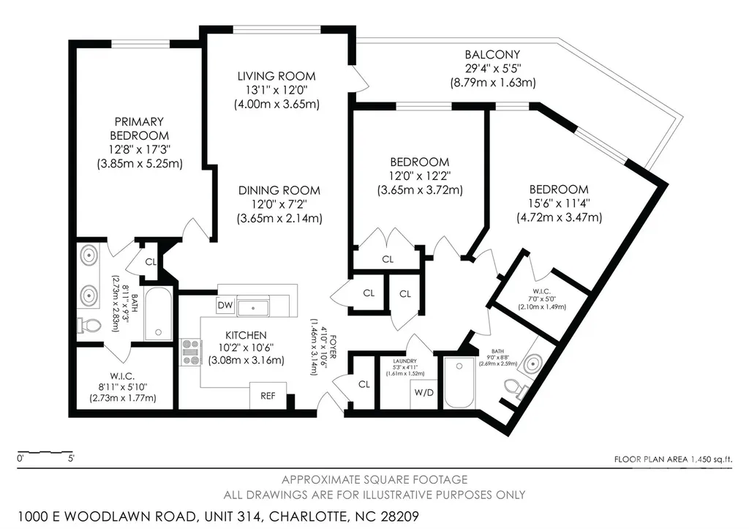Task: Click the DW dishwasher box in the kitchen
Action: pyautogui.click(x=225, y=306)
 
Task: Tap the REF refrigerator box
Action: pyautogui.click(x=268, y=396)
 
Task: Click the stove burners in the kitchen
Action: pyautogui.click(x=190, y=352)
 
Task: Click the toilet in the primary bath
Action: pyautogui.click(x=89, y=326)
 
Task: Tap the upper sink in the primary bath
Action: pyautogui.click(x=89, y=255)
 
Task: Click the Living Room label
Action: pyautogui.click(x=276, y=76)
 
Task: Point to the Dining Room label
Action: pyautogui.click(x=279, y=190)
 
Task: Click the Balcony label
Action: pyautogui.click(x=492, y=54)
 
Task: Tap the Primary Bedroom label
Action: pyautogui.click(x=140, y=129)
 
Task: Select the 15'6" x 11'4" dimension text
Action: pyautogui.click(x=560, y=203)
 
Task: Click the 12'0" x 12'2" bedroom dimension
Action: pyautogui.click(x=420, y=176)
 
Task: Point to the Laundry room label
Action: pyautogui.click(x=405, y=361)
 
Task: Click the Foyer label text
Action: pyautogui.click(x=333, y=348)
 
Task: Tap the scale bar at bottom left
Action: pyautogui.click(x=45, y=451)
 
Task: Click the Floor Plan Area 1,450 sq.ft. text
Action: pyautogui.click(x=673, y=459)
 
